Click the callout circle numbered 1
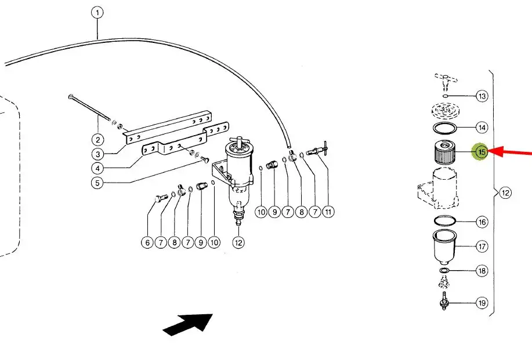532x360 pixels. [x=97, y=13]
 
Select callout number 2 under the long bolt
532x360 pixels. [x=97, y=140]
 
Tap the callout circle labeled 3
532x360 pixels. [x=97, y=154]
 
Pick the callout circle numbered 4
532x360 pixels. [x=97, y=168]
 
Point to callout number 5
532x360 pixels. [x=97, y=183]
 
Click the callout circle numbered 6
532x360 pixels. [x=147, y=242]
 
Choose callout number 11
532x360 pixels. [x=328, y=212]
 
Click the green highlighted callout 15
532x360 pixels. [x=482, y=151]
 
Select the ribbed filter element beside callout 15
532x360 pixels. [x=445, y=152]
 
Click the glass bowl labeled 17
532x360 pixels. [x=445, y=248]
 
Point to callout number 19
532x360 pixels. [x=482, y=303]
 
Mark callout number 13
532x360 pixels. [x=482, y=96]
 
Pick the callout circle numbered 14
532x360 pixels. [x=482, y=128]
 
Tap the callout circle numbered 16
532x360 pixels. [x=482, y=223]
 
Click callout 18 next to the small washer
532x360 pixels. [x=482, y=271]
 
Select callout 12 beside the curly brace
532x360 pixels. [x=505, y=193]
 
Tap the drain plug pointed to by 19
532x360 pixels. [x=443, y=301]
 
